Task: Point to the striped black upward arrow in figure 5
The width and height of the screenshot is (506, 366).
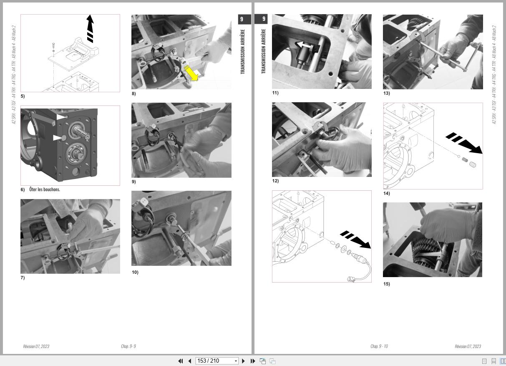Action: pos(90,29)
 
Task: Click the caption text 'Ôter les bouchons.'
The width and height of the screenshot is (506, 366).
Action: pos(45,189)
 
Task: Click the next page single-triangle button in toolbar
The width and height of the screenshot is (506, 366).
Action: pos(244,361)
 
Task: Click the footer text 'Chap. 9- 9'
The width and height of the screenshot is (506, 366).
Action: pos(128,346)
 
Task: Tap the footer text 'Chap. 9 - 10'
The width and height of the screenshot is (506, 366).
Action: pos(379,346)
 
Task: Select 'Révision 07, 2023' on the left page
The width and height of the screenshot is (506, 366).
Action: pos(36,346)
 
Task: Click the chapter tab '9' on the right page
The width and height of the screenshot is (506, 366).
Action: pos(263,19)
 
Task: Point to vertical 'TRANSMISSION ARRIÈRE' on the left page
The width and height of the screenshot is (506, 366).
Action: pos(243,51)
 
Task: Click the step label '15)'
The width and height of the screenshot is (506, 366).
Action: pos(386,284)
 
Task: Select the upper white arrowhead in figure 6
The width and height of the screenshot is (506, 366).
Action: pos(61,117)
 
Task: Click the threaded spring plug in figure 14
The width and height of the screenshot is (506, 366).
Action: pos(472,165)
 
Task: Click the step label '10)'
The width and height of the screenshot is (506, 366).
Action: pos(135,273)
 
